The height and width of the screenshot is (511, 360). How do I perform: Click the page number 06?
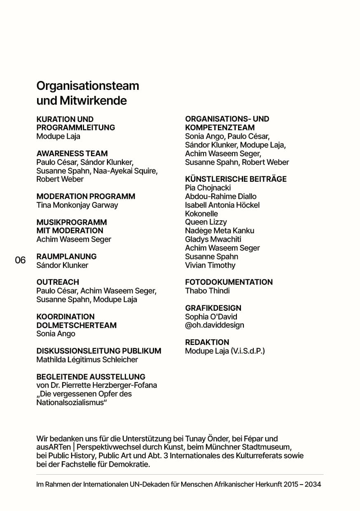pos(20,260)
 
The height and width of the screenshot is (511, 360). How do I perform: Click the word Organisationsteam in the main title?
pos(88,86)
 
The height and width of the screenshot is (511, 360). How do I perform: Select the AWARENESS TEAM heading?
pos(72,153)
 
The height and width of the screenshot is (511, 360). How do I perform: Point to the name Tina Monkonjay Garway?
pos(77,205)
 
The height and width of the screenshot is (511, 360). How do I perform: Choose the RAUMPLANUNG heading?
pos(66,256)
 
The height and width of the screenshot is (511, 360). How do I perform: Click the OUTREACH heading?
pos(58,282)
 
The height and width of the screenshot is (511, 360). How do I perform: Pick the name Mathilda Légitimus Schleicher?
pos(87,359)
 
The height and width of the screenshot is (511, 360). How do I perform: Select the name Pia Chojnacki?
pos(208,188)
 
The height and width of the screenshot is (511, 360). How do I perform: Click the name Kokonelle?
pos(201,213)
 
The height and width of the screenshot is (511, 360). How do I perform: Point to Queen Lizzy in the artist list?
pos(206,222)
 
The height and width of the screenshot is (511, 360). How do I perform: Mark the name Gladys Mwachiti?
pos(213,239)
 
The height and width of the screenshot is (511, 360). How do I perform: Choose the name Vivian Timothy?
pos(210,265)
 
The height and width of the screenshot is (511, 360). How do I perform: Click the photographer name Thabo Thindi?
pos(207,291)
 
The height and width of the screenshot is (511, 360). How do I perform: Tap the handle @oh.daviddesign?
pos(214,325)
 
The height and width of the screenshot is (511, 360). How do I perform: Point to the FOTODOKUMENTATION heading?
pos(229,282)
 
